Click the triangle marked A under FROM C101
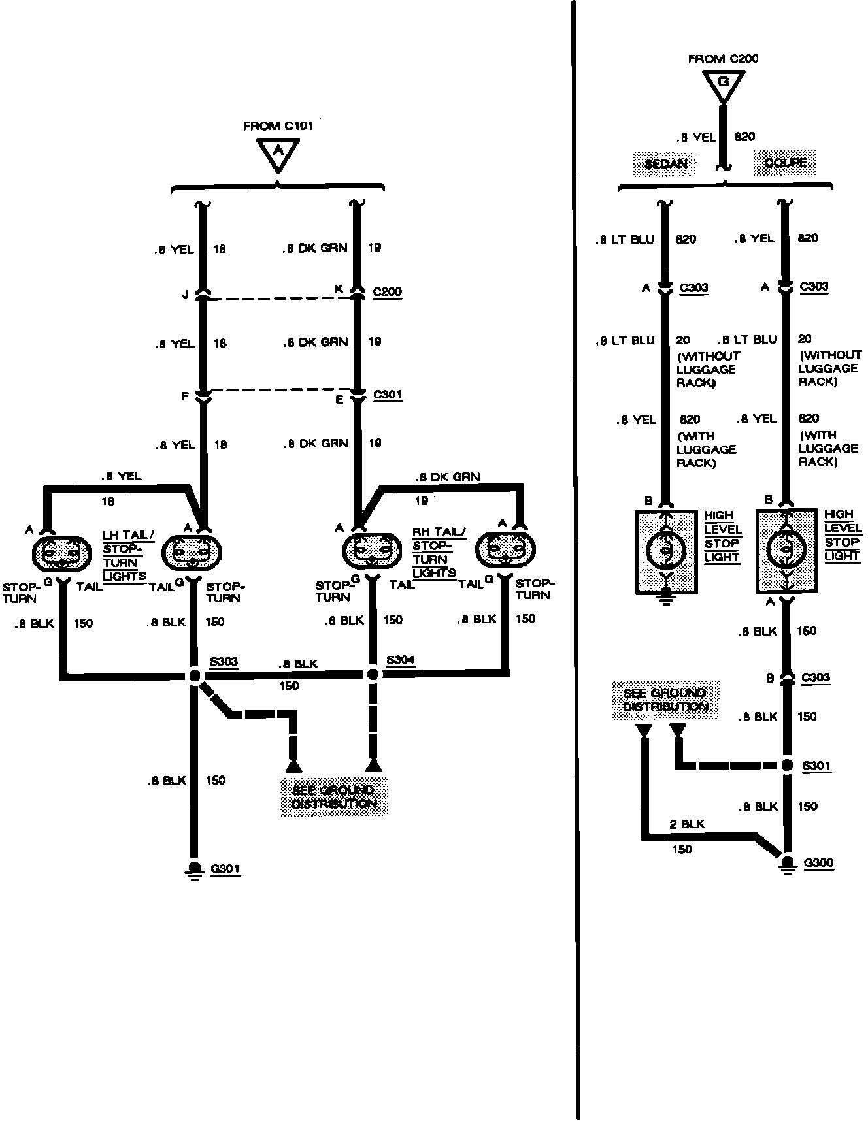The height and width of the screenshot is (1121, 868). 278,154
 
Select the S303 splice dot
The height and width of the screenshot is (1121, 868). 194,675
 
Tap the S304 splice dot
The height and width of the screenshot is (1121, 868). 373,674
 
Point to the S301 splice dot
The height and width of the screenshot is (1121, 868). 788,765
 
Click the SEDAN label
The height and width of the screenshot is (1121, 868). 665,163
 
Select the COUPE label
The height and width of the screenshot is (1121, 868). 785,162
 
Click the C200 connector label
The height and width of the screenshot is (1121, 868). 387,292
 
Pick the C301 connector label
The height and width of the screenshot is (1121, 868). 387,395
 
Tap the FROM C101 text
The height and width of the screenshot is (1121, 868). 278,126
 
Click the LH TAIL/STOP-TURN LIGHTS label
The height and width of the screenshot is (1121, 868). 127,555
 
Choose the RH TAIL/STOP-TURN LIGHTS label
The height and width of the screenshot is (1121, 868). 437,553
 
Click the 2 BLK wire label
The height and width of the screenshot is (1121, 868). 687,824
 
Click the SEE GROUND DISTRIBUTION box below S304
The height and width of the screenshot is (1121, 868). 334,796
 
